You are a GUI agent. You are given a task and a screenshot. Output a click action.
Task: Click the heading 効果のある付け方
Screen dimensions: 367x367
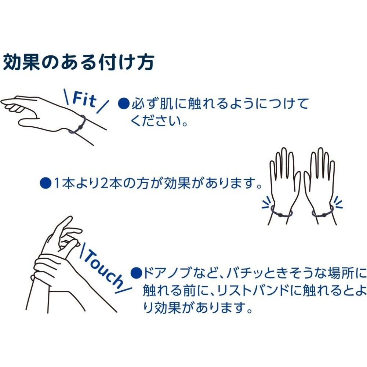click(x=78, y=63)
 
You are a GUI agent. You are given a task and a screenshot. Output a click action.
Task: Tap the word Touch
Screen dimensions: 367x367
click(x=103, y=268)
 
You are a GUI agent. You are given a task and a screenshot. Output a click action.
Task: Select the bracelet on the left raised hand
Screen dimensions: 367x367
click(x=281, y=212)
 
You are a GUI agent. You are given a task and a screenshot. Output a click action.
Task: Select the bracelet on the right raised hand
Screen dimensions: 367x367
click(x=322, y=212)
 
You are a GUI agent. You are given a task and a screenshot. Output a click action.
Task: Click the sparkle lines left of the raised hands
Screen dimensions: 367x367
click(x=266, y=203)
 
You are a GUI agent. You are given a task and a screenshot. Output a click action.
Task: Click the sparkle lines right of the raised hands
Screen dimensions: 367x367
click(x=337, y=203)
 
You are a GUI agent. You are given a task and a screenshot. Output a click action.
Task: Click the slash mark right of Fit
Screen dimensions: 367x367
click(x=104, y=106)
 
